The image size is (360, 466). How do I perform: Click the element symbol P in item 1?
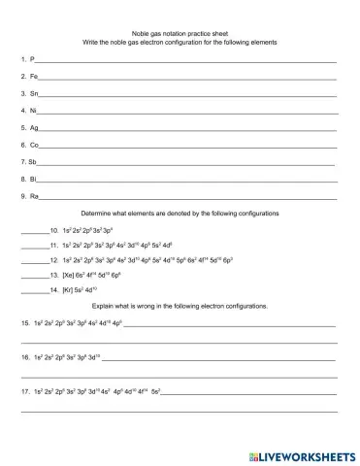click(x=33, y=60)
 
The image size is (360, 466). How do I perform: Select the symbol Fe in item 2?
click(x=35, y=77)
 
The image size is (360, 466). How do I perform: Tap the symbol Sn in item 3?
click(x=35, y=94)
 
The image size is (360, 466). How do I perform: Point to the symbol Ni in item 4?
click(x=34, y=111)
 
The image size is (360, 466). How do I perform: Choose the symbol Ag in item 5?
click(x=35, y=128)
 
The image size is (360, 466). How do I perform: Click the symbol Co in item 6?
click(x=35, y=145)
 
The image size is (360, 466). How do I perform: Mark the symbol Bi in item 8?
click(x=34, y=180)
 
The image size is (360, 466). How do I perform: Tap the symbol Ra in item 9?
click(x=35, y=196)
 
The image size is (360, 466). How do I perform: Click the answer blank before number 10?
click(x=33, y=231)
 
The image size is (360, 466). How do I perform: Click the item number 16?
click(x=24, y=358)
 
